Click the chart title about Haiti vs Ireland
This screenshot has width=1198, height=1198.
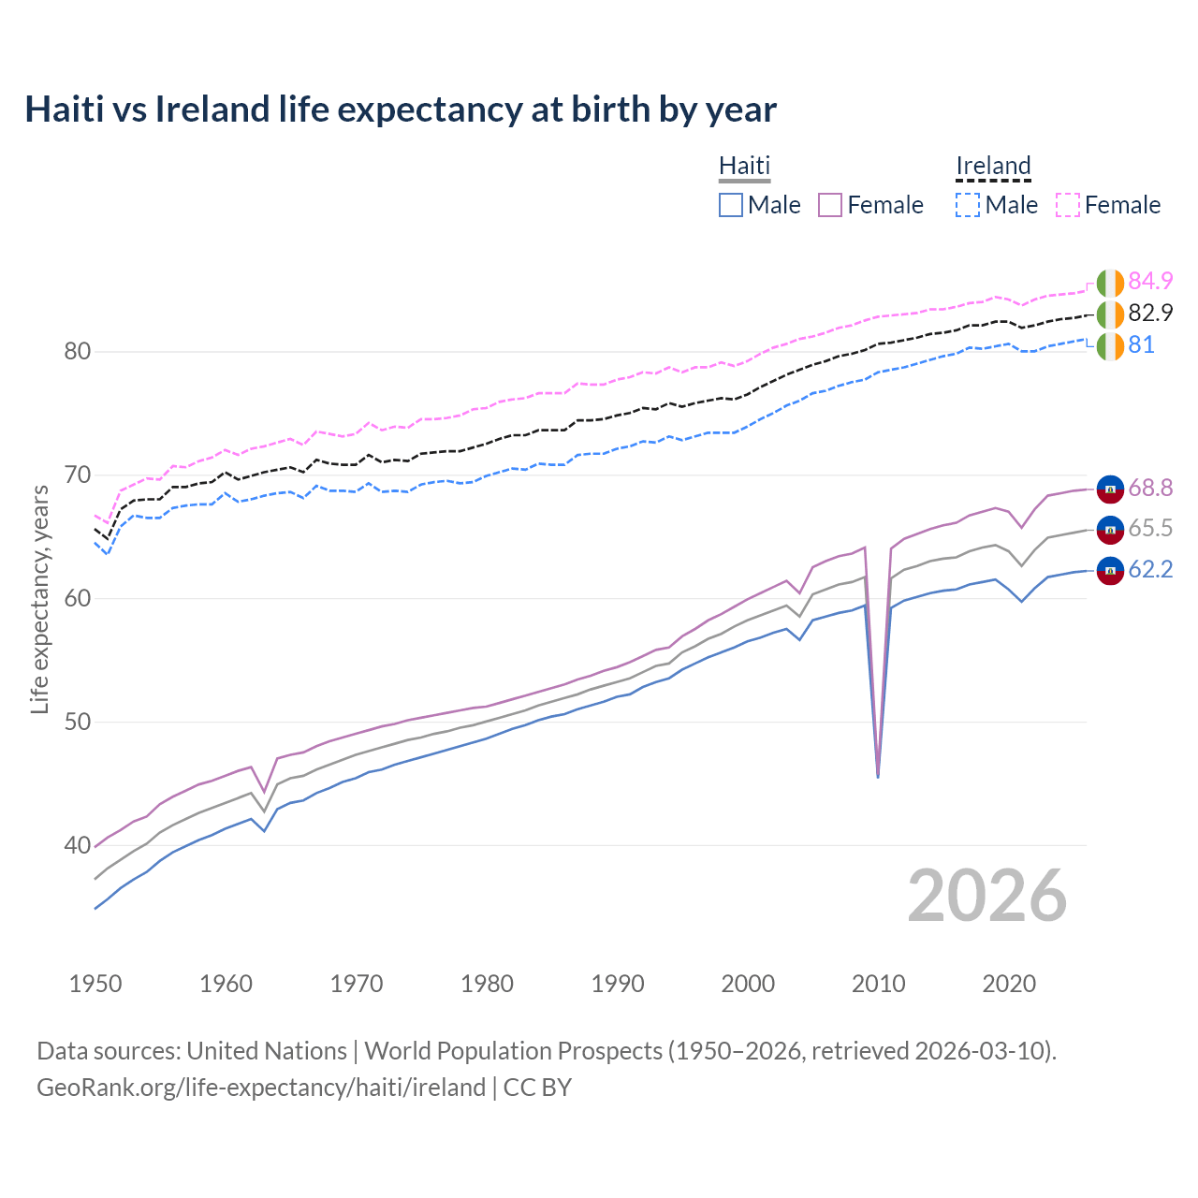coord(401,110)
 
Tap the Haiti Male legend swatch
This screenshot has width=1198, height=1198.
coord(731,205)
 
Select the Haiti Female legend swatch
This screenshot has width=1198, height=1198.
coord(830,205)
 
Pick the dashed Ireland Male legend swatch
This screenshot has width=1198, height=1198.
coord(968,205)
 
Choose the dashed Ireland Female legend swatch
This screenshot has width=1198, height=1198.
coord(1068,205)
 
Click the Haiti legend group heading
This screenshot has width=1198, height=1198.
coord(744,166)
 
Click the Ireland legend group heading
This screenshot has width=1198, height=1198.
coord(993,166)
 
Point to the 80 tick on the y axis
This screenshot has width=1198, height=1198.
coord(77,352)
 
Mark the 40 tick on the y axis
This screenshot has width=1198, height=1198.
coord(77,845)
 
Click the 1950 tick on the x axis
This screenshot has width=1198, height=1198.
coord(95,984)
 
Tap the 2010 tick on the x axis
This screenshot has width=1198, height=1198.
coord(878,984)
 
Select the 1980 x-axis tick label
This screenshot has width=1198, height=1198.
coord(487,984)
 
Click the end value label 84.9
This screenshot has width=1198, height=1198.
coord(1150,281)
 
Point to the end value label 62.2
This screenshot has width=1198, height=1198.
coord(1150,569)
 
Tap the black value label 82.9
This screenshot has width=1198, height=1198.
coord(1150,313)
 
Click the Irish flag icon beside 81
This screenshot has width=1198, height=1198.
coord(1110,345)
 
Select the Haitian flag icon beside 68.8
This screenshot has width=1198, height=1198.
coord(1110,489)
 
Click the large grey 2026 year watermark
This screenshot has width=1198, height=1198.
coord(987,896)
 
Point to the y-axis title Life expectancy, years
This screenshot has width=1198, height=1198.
coord(39,599)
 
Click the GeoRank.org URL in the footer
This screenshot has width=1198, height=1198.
coord(261,1088)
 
